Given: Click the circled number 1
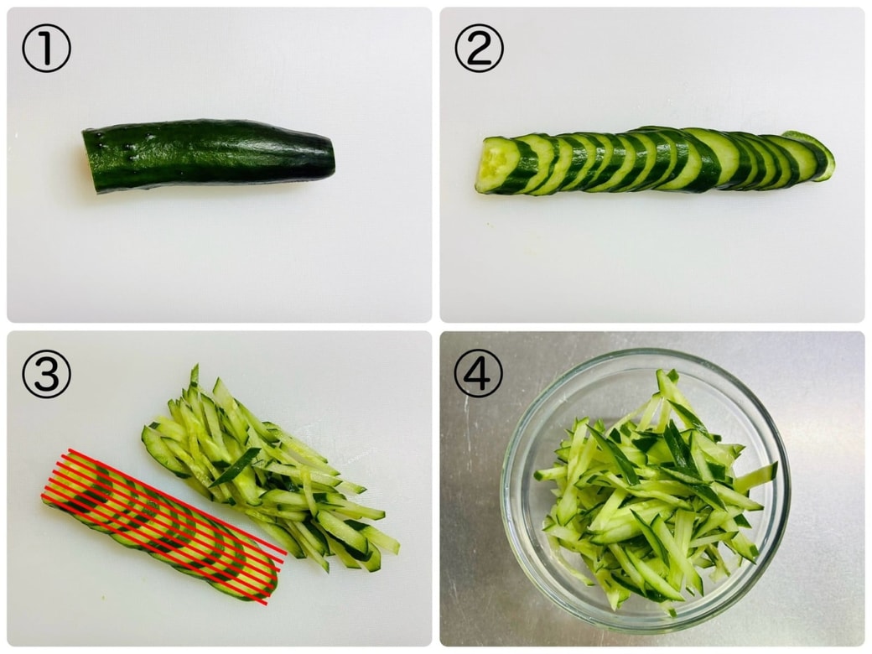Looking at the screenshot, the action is click(x=46, y=49).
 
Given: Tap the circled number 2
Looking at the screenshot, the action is click(x=479, y=49).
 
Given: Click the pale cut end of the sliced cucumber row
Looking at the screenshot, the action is click(x=493, y=164).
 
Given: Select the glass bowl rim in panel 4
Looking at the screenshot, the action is click(x=646, y=351).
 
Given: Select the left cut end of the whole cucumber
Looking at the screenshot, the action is click(x=85, y=161).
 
